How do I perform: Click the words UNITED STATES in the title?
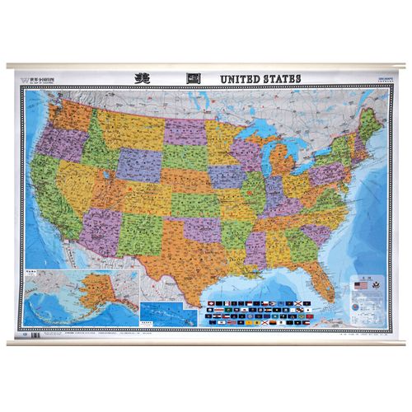260,78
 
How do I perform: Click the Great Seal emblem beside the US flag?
375,285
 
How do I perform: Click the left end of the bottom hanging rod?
12,336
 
